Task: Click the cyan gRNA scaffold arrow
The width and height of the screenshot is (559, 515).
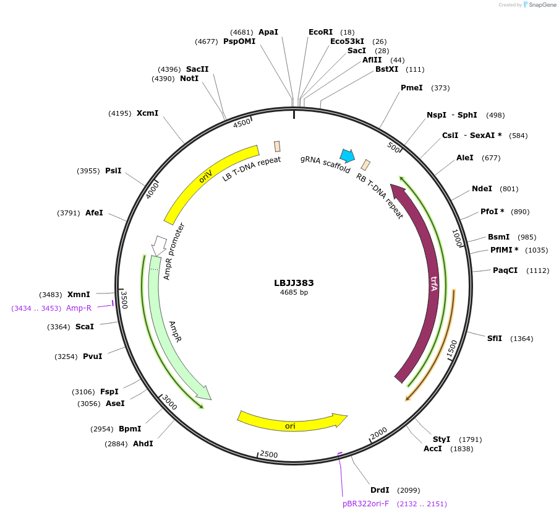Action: [x=348, y=155]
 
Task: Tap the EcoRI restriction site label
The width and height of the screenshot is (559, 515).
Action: [x=320, y=32]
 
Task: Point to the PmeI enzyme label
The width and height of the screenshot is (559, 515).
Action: [x=412, y=88]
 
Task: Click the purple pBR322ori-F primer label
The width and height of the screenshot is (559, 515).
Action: [x=366, y=504]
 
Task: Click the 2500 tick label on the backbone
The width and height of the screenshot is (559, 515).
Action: [x=269, y=454]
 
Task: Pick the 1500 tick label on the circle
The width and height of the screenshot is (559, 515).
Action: [x=452, y=348]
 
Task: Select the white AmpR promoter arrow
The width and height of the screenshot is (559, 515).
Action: [x=159, y=245]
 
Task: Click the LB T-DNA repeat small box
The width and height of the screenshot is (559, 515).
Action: [x=277, y=146]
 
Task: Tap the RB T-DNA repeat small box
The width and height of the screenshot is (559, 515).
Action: [x=366, y=165]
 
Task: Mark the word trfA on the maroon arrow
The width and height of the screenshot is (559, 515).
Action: [x=434, y=284]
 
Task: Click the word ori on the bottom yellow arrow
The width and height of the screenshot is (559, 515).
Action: [x=290, y=426]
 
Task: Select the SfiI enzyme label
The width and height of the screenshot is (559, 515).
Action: [x=494, y=339]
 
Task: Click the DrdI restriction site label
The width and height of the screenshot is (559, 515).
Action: [x=380, y=490]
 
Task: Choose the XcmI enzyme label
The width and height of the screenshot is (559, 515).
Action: [x=147, y=113]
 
